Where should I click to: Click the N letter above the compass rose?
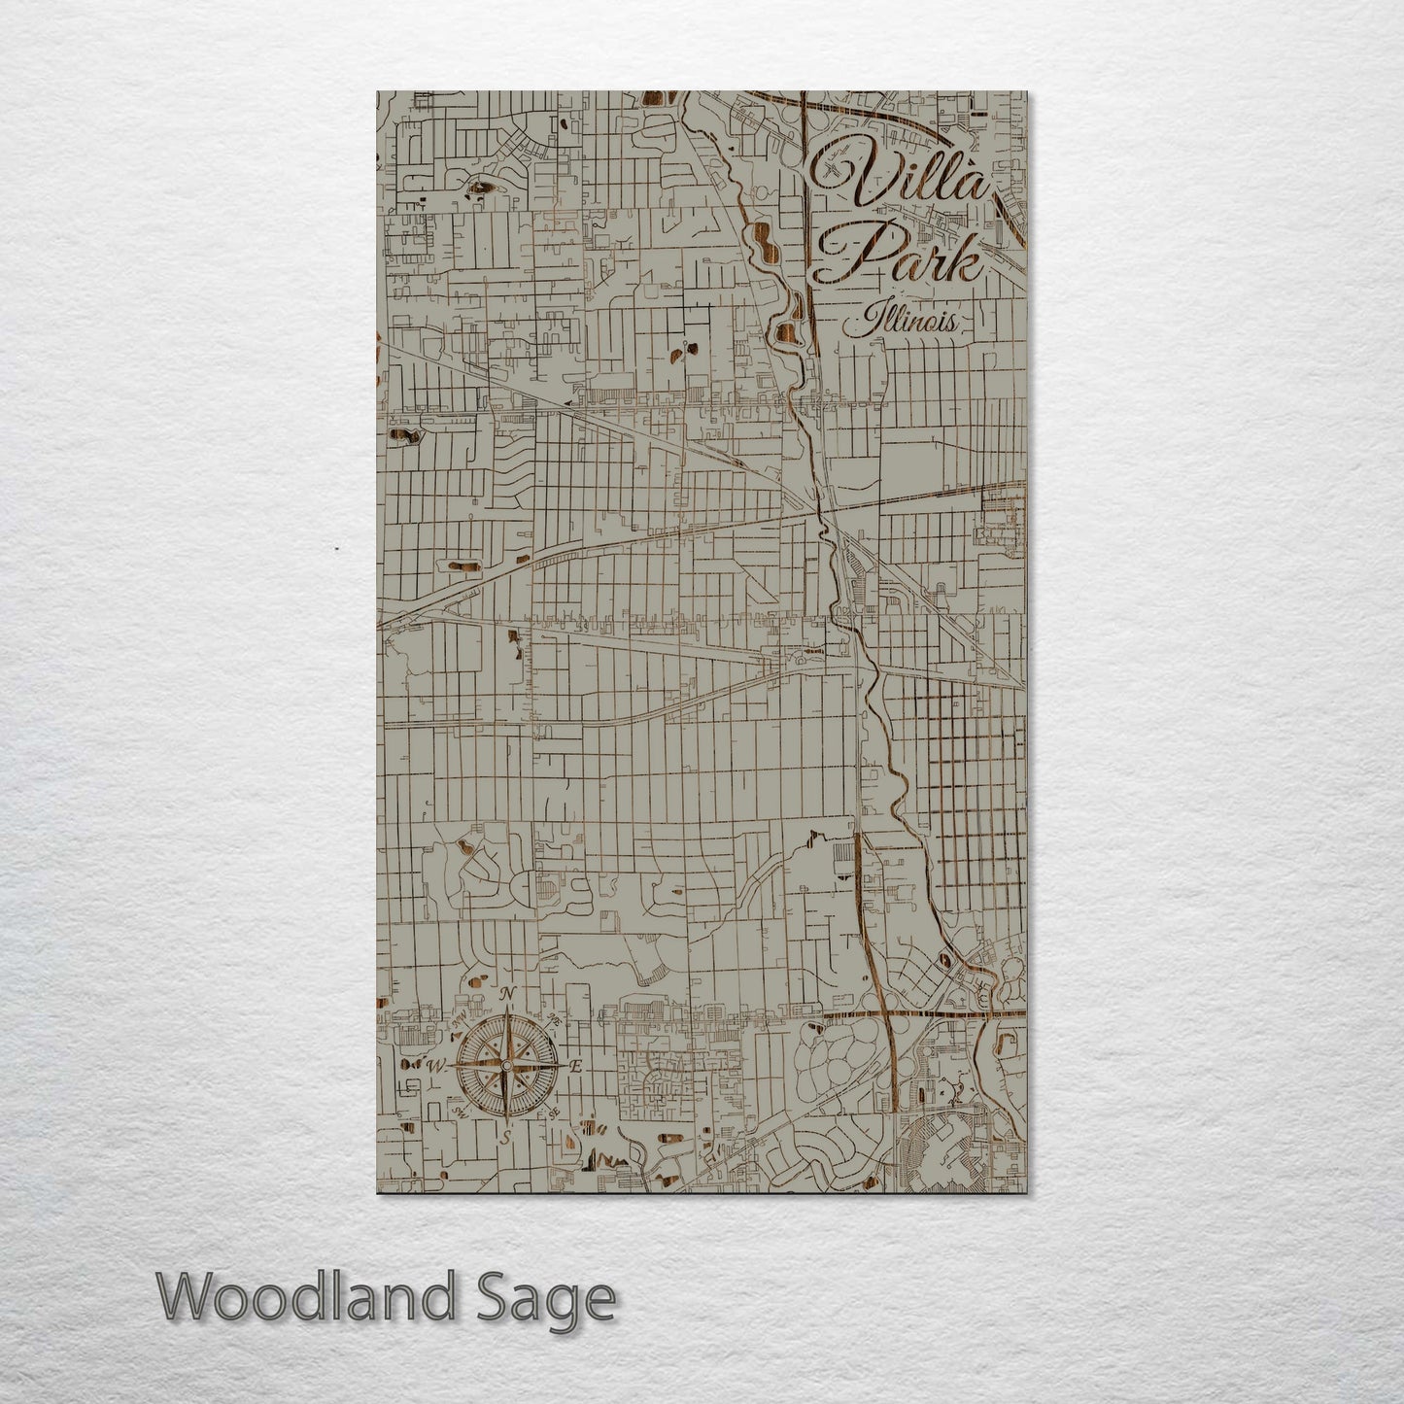[x=507, y=993]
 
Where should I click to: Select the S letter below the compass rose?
[x=505, y=1136]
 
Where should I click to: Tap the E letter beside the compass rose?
[x=575, y=1067]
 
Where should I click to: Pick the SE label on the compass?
[x=554, y=1113]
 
